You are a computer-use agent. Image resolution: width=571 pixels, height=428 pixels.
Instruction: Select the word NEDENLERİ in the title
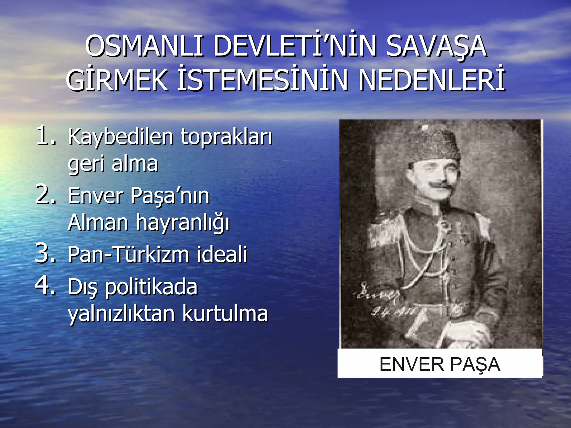[x=432, y=81]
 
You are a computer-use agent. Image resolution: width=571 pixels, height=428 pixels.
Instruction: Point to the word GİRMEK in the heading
[x=117, y=81]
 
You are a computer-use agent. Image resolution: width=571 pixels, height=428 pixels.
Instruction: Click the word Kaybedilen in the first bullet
[x=121, y=137]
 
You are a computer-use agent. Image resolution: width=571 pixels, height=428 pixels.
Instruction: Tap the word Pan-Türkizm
[x=129, y=254]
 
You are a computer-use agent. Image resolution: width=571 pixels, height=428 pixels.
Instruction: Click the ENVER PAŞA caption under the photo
[x=440, y=364]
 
